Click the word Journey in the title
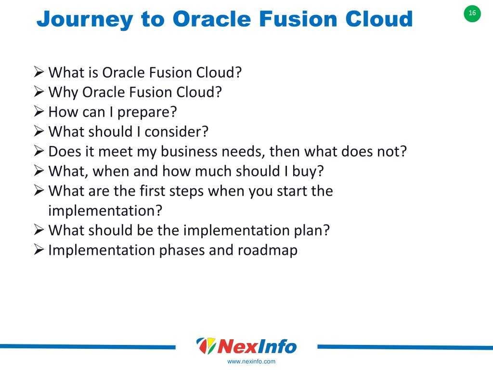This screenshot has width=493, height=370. [85, 20]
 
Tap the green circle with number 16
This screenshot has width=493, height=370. [472, 13]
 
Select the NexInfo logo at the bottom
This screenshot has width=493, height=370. [246, 346]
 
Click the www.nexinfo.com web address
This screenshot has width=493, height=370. [251, 361]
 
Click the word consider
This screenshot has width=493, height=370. [176, 132]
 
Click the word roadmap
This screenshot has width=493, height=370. [268, 251]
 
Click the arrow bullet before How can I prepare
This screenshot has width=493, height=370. [39, 111]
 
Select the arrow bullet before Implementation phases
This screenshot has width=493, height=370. [39, 250]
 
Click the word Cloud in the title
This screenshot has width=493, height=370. [379, 19]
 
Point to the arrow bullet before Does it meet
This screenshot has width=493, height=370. [39, 151]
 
